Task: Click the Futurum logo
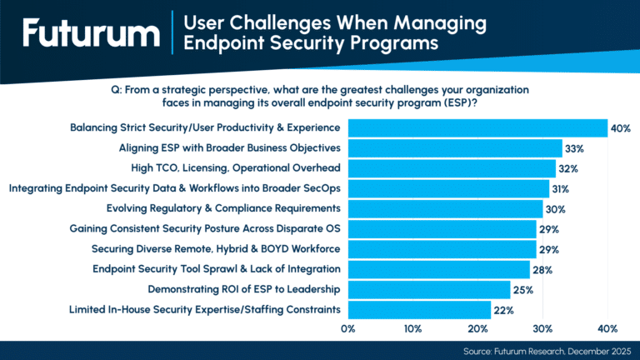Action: pos(91,34)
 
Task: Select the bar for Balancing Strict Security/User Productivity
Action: pos(477,128)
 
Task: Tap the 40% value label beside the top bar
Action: pos(620,129)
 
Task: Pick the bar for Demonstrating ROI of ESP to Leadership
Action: pos(428,289)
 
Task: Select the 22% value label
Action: pos(502,310)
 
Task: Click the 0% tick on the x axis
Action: pos(348,328)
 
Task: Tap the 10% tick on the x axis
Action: pos(412,328)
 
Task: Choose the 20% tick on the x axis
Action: pos(477,328)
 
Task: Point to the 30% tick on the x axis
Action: pos(542,328)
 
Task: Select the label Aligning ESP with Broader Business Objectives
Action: pos(230,148)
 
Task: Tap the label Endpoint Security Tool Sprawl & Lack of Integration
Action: pos(217,269)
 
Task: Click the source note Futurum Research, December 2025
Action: pos(549,351)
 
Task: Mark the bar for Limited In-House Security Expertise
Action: pos(419,309)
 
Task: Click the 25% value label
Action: pos(522,290)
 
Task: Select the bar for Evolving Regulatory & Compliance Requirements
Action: pos(445,208)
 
